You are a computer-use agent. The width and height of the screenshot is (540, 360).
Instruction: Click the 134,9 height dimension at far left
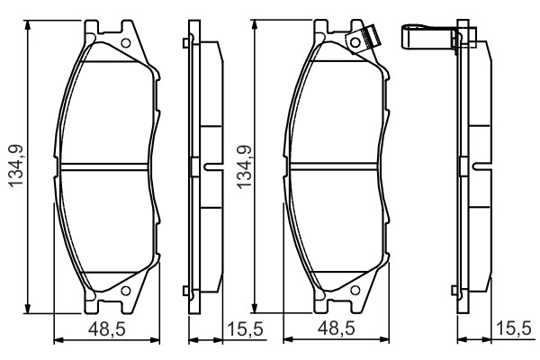point(16,166)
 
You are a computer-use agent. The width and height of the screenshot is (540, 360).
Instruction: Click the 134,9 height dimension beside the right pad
point(244,167)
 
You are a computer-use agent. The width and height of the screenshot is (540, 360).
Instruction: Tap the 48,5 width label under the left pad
point(107,329)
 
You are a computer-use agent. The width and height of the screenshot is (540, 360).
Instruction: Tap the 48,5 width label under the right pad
point(336,328)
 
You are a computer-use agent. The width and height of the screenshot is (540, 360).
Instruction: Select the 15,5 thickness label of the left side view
point(245,329)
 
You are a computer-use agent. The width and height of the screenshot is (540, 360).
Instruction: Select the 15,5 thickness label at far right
point(514,329)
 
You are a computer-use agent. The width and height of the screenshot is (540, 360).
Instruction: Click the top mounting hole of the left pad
point(126,43)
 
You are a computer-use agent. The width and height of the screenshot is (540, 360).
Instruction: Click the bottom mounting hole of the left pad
point(126,291)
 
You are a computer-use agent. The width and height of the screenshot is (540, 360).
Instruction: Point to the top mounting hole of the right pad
point(355,42)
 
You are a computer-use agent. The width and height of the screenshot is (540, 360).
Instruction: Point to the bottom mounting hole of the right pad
point(355,291)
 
